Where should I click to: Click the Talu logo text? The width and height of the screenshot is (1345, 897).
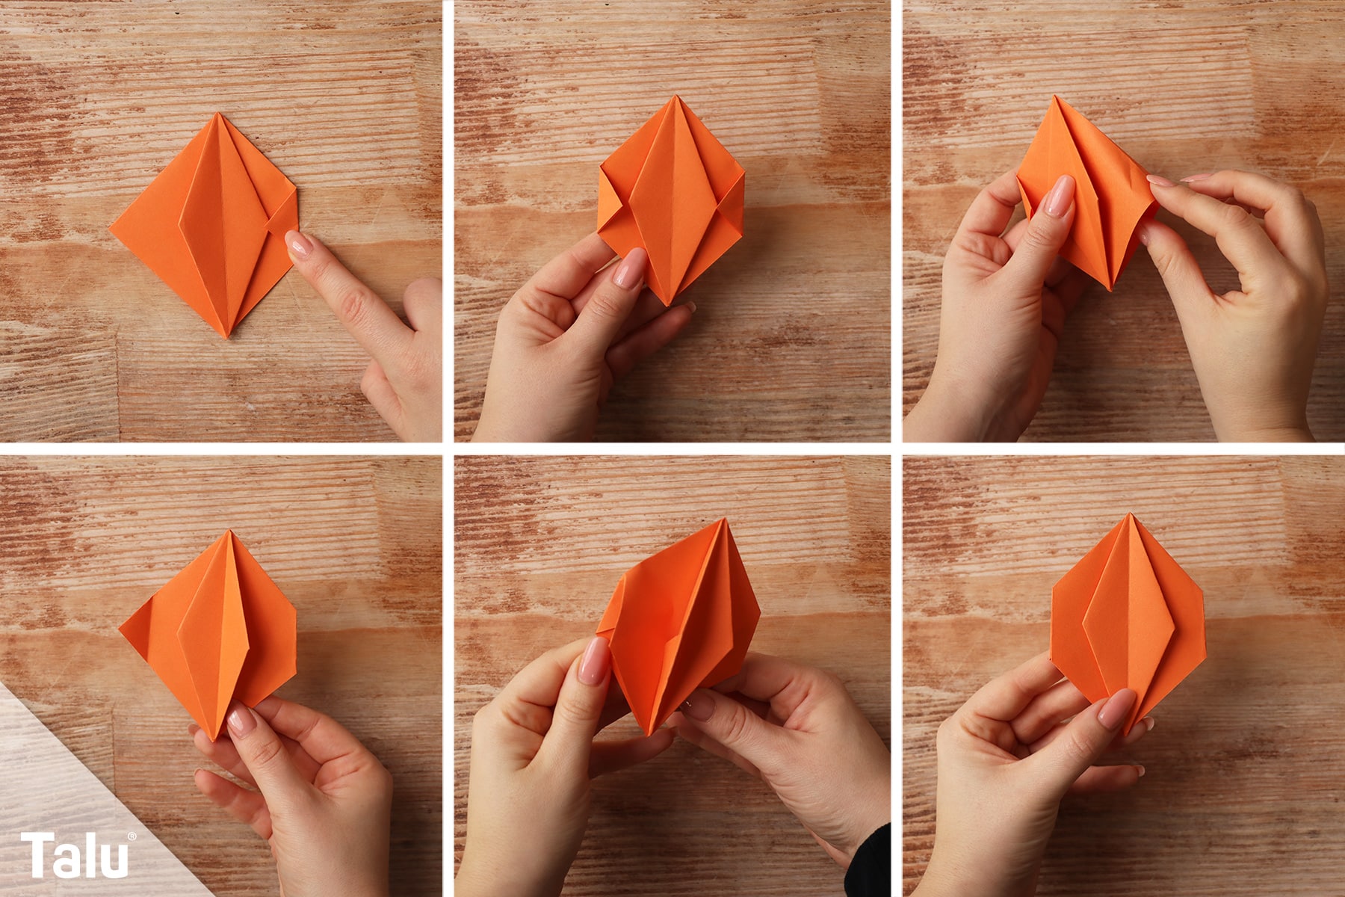pyautogui.click(x=75, y=855)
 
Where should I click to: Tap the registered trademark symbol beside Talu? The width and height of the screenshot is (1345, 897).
pyautogui.click(x=132, y=836)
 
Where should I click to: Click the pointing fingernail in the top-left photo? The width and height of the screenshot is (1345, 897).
pyautogui.click(x=300, y=244)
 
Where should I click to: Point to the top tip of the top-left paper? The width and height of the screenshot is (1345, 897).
pyautogui.click(x=217, y=113)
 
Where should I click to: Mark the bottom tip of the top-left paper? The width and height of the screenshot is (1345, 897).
pyautogui.click(x=225, y=338)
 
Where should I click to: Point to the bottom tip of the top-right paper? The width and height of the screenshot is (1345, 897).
pyautogui.click(x=1110, y=289)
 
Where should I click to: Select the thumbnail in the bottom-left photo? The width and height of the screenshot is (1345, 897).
pyautogui.click(x=241, y=721)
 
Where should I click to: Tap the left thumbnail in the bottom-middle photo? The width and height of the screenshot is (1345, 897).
pyautogui.click(x=596, y=661)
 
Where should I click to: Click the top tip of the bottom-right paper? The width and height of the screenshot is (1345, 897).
pyautogui.click(x=1131, y=514)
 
